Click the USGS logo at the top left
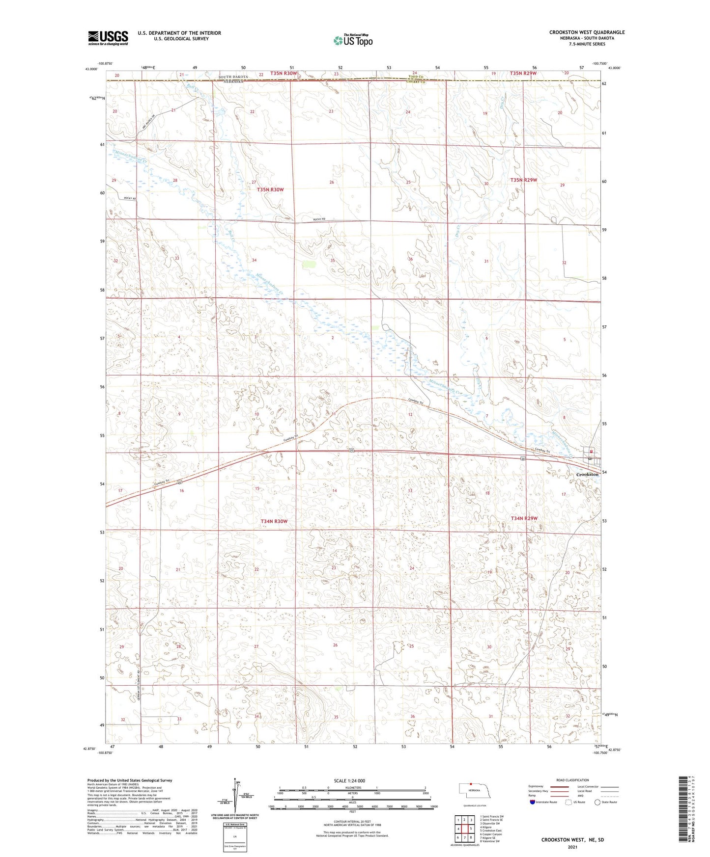click(x=108, y=37)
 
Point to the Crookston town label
click(x=587, y=474)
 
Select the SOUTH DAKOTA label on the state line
click(x=233, y=78)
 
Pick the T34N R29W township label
click(x=524, y=518)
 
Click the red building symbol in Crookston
click(x=592, y=452)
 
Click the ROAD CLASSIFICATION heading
click(x=572, y=780)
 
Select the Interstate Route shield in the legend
click(x=533, y=802)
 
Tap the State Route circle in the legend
click(x=597, y=802)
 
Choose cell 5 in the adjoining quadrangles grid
click(x=470, y=829)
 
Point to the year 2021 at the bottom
click(x=572, y=847)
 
